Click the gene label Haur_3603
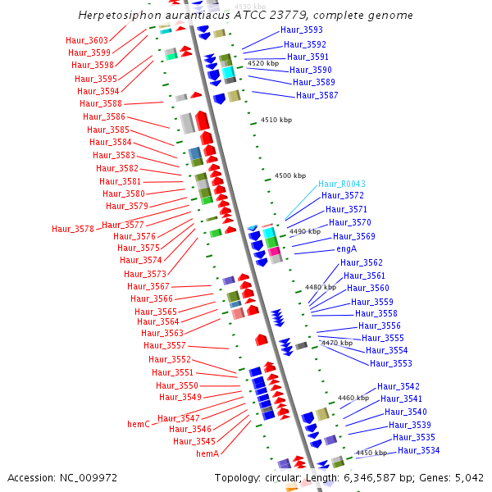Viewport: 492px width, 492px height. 87,40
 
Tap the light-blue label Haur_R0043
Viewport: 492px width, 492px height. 342,184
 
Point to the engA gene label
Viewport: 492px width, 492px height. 346,248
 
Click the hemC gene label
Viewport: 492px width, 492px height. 138,424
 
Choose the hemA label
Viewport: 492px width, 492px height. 207,453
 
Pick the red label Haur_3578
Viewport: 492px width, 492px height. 73,229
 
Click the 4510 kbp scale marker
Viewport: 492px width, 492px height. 276,120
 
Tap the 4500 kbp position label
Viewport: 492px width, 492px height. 289,175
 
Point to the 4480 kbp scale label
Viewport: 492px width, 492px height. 320,287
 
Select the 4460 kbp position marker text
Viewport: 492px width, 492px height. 353,398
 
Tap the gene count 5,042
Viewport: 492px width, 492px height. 468,477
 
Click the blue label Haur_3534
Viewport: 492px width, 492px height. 419,450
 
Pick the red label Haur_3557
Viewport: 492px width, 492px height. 165,345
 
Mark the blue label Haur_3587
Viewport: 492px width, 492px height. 317,95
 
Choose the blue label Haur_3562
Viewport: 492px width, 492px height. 363,262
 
